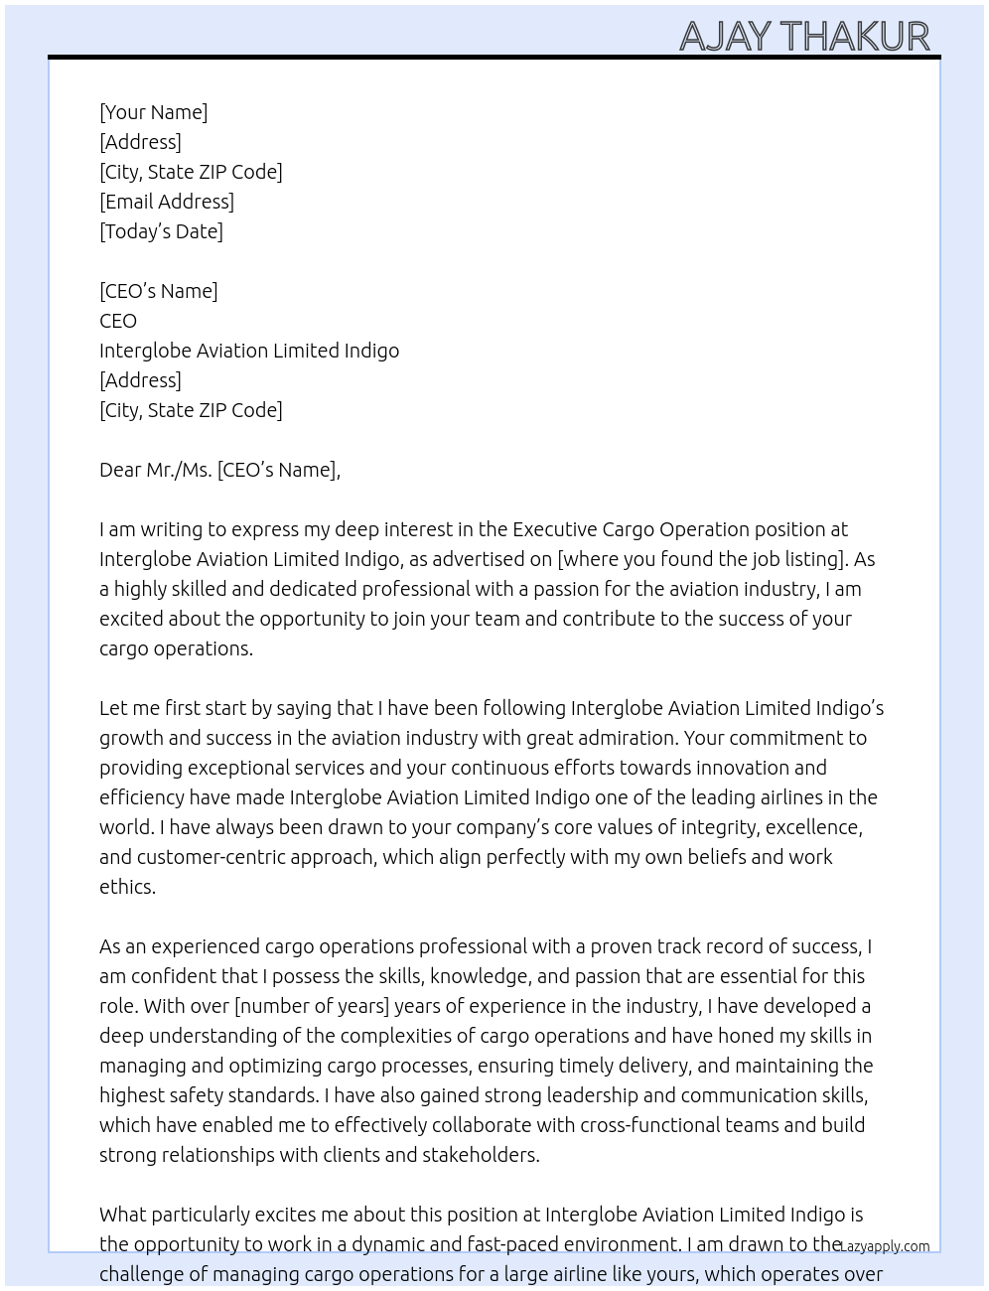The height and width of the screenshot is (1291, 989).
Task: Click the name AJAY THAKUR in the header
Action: point(804,37)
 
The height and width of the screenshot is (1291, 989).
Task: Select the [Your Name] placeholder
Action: point(154,112)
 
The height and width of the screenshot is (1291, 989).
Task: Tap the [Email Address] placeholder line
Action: point(167,202)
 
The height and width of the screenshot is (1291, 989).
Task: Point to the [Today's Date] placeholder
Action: point(161,231)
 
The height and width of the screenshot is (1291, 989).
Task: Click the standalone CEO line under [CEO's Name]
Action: point(118,321)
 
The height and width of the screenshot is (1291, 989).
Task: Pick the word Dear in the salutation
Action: point(120,470)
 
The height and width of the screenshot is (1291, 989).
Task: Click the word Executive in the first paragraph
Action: point(558,529)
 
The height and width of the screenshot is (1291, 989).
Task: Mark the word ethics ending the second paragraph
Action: point(126,887)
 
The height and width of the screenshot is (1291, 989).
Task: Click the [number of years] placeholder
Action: point(311,1006)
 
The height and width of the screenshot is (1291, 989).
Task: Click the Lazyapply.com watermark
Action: point(885,1246)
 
